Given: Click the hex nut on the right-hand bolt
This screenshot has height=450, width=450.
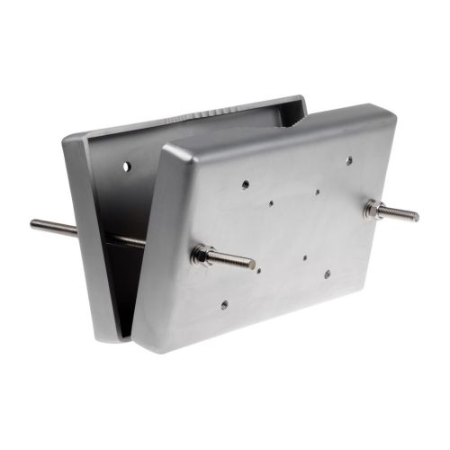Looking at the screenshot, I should click(x=371, y=208).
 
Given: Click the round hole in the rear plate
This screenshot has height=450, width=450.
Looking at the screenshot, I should click(x=126, y=166).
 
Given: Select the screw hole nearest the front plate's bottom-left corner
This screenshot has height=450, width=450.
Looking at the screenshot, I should click(x=224, y=305).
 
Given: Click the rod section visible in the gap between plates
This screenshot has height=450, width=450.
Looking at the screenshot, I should click(x=121, y=239).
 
